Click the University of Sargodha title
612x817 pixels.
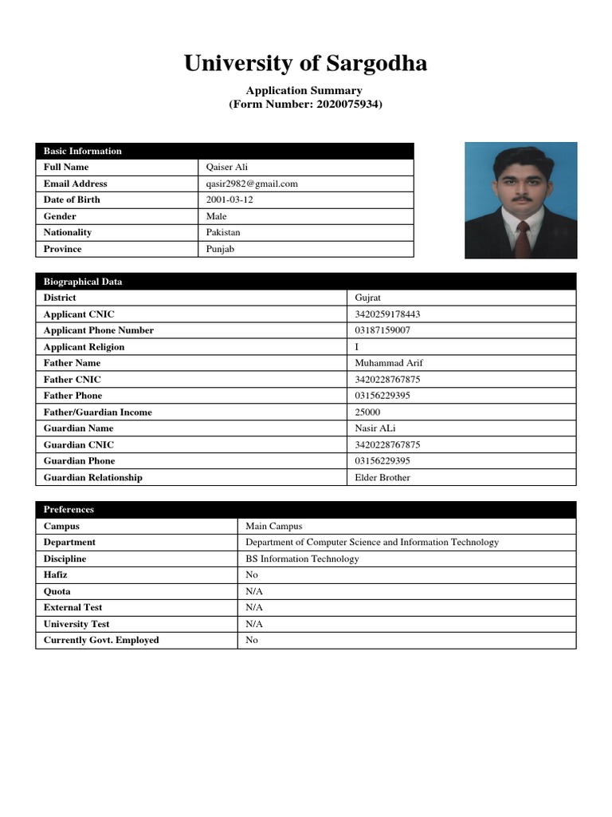305,63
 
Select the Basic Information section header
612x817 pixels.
83,151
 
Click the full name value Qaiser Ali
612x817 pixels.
227,168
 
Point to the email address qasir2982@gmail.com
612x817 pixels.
251,184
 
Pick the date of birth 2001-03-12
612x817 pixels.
229,199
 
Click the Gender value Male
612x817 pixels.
216,216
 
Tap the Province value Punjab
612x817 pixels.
220,249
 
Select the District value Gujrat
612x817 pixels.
368,298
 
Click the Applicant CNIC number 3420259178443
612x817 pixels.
388,314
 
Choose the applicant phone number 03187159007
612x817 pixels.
383,330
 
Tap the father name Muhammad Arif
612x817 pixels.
389,363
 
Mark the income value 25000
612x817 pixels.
367,412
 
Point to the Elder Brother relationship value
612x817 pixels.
382,478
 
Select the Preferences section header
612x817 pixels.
69,509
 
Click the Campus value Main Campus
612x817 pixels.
274,527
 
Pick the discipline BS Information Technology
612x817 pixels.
302,559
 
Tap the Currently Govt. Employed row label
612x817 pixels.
101,641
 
